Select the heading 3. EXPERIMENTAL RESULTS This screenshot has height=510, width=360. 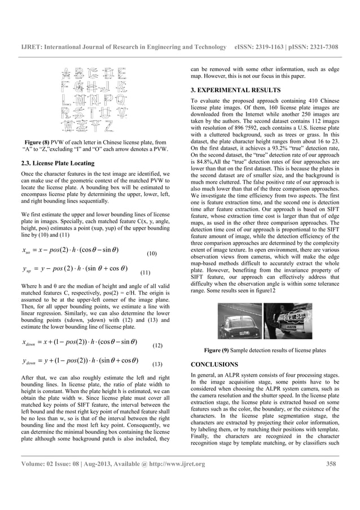click(x=236, y=90)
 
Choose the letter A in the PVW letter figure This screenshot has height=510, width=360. click(x=66, y=73)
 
